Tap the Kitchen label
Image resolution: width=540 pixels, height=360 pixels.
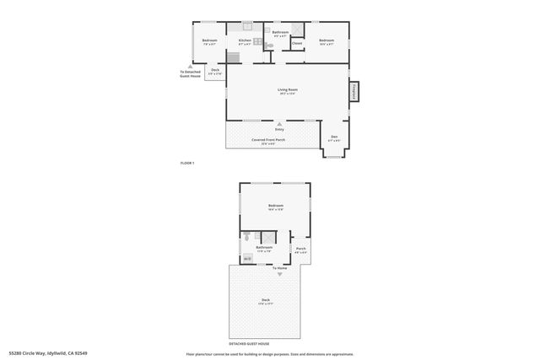point(245,40)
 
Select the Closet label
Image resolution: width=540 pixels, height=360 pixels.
point(297,43)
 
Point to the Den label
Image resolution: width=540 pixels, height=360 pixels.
point(334,137)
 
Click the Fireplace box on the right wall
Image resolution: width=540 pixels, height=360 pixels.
point(354,91)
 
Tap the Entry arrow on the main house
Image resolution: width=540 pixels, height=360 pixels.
point(279,124)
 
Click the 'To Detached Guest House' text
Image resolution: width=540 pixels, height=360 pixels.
point(191,73)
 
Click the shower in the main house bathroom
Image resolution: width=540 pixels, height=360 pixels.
point(297,28)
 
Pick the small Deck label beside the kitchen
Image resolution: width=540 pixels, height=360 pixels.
point(215,71)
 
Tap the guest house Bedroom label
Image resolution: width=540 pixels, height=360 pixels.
point(276,206)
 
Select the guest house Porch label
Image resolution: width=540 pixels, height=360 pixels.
point(300,249)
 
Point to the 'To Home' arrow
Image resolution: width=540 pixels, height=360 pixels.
point(279,273)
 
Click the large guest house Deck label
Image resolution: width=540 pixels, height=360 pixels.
point(265,300)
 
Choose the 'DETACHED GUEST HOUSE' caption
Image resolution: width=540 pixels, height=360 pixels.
point(249,344)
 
